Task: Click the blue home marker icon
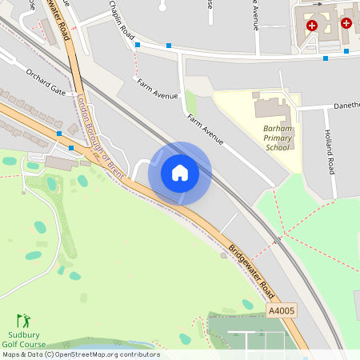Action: coord(180,173)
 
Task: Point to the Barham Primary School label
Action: coord(277,137)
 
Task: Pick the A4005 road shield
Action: coord(282,310)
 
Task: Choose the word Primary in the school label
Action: coord(277,137)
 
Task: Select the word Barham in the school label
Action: coord(277,127)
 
